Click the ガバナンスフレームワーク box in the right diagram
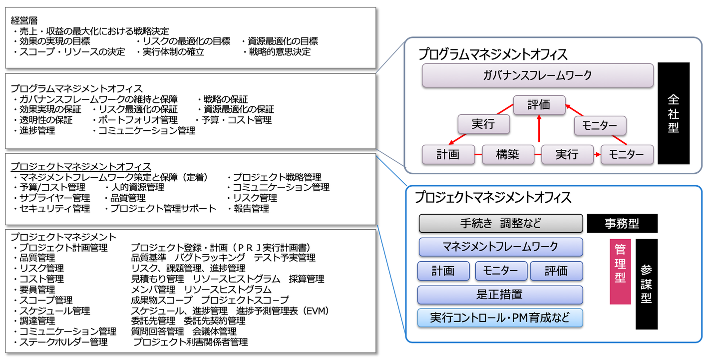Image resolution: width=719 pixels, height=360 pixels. pos(537,75)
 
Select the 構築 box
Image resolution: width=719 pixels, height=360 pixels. pos(507,155)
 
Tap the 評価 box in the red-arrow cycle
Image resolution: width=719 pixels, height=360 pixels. pos(539,105)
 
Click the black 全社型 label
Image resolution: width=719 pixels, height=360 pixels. pos(673,113)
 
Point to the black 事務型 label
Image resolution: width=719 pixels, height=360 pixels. pos(622,223)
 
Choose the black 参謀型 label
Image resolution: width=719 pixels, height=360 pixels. pos(646,284)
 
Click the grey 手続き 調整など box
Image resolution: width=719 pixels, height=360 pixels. pos(500,223)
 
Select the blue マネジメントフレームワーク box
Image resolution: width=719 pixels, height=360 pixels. pos(500,247)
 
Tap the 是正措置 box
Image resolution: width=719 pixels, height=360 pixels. pos(500,295)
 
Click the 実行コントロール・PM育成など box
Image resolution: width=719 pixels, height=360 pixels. pos(500,318)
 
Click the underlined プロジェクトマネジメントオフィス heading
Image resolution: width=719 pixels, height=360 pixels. pos(81,166)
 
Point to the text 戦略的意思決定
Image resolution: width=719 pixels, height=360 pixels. pos(279,52)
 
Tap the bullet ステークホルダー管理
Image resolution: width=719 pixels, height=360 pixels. pos(63,342)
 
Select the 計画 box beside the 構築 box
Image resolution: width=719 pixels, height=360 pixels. pos(447,155)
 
